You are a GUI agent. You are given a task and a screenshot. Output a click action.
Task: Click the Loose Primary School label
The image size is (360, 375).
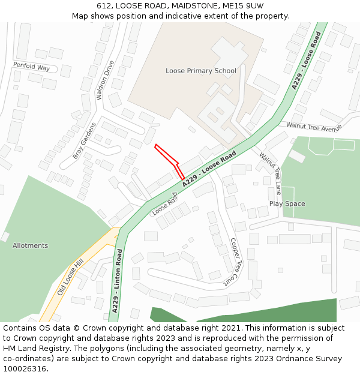point(201,71)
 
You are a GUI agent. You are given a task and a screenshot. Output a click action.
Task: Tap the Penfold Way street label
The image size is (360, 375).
point(31,66)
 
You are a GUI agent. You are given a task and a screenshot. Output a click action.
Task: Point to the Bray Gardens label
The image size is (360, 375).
point(85,140)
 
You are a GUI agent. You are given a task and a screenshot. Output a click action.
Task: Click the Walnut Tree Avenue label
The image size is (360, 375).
point(313,127)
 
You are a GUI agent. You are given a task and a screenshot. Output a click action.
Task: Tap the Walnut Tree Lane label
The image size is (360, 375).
point(270,173)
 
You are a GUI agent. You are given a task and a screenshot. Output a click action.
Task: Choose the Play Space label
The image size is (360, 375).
point(287,203)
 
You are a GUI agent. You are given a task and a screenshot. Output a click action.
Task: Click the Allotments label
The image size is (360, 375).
point(30,245)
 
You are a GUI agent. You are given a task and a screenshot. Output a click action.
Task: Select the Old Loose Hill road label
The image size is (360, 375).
point(70,278)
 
